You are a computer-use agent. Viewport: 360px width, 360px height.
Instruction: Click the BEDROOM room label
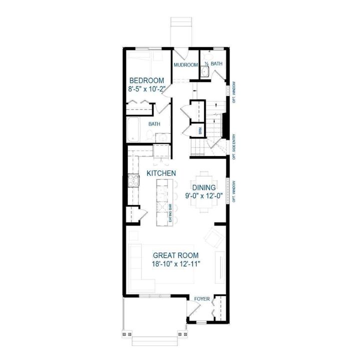coord(147,81)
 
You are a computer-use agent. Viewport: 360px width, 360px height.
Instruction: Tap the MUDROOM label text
coord(185,65)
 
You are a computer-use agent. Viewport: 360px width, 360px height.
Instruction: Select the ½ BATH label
coord(213,64)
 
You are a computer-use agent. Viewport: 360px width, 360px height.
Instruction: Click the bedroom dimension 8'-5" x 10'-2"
coord(147,90)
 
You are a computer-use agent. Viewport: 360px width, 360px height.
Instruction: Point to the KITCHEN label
coord(160,173)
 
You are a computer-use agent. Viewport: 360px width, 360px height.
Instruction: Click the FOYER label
coord(202,299)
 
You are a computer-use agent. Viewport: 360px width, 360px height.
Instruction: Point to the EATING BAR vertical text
coord(170,212)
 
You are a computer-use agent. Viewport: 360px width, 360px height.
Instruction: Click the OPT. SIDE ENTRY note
coord(234,147)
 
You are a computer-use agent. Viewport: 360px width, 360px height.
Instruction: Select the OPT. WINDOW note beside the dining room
coord(234,190)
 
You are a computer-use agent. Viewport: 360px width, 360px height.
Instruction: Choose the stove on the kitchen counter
coord(132,180)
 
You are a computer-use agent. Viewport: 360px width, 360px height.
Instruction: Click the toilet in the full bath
coord(149,135)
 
